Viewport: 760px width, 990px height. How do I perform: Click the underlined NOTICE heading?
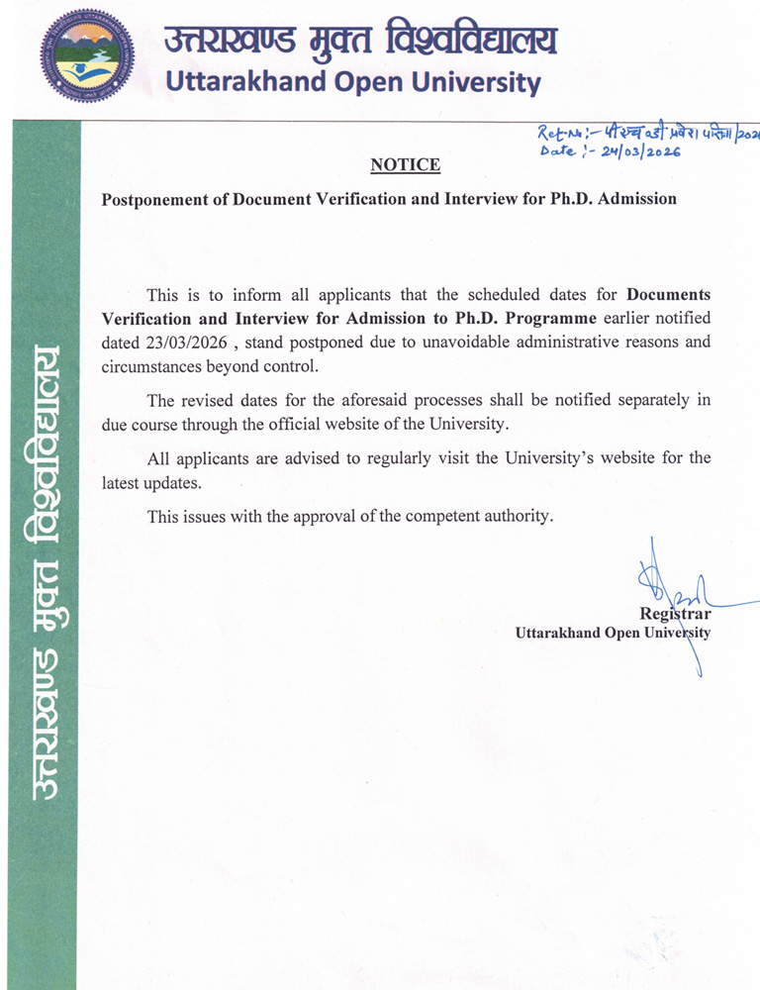tap(405, 164)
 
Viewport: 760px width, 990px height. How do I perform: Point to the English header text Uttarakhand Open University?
tap(353, 82)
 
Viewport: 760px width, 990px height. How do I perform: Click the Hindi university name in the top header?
tap(360, 40)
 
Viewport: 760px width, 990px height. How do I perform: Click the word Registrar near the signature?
tap(675, 615)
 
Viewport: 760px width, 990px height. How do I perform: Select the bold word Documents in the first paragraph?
tap(669, 294)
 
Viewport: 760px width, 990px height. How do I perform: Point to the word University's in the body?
tap(549, 458)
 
